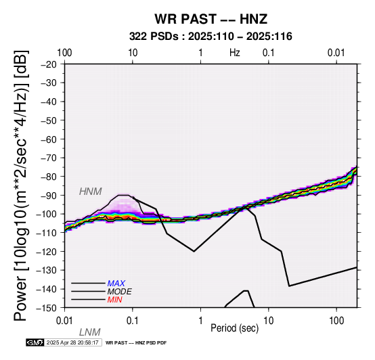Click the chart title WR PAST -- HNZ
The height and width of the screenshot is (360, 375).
pos(211,19)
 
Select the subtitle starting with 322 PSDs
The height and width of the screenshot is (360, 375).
pos(211,37)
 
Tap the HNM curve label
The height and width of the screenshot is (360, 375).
pos(91,192)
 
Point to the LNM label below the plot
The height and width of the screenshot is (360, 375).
pos(89,332)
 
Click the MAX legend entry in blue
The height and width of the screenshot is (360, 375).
pos(116,284)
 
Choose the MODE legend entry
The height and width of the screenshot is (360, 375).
pos(119,292)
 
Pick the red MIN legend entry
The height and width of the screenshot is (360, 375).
pos(115,300)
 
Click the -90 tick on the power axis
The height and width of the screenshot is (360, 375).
pos(49,196)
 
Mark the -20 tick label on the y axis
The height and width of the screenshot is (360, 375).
pos(49,64)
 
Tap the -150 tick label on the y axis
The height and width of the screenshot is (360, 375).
pos(47,308)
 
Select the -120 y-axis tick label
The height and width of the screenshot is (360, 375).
pos(47,252)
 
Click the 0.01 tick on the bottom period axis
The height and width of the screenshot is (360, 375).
pos(64,321)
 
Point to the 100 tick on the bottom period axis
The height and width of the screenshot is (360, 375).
pos(336,321)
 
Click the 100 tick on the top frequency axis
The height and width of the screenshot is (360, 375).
pos(64,53)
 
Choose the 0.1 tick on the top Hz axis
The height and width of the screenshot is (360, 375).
pos(269,53)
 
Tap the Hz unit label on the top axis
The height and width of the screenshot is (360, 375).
pos(235,53)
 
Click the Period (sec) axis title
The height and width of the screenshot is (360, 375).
pos(235,328)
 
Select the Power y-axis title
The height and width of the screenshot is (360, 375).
pos(20,185)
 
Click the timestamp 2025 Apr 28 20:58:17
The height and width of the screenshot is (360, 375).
pos(72,342)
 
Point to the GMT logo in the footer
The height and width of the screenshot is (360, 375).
pos(35,342)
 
